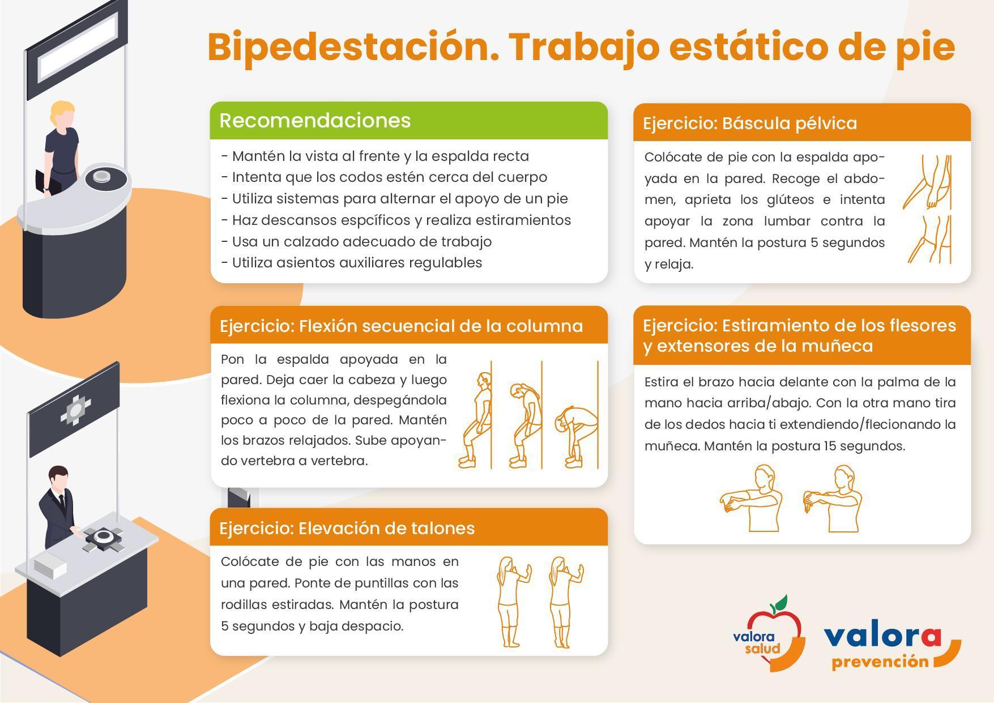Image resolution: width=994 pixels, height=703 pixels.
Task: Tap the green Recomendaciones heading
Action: point(315,121)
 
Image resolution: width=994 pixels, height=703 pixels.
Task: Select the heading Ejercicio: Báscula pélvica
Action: point(750,123)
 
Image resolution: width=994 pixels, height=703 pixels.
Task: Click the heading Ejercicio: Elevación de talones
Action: point(347,528)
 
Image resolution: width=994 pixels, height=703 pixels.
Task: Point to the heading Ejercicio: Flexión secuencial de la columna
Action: point(401,326)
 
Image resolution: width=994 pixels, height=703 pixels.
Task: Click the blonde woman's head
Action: point(62,116)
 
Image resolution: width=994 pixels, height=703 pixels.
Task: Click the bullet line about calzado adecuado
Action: point(356,242)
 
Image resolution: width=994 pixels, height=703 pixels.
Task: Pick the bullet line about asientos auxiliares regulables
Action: point(352,263)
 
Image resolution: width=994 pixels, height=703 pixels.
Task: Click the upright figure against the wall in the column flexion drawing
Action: point(476,420)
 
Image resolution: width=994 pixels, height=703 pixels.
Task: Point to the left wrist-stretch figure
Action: point(751,499)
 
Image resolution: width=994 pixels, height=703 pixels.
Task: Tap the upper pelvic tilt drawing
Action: point(928,182)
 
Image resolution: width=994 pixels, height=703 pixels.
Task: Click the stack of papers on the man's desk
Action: point(51,566)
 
